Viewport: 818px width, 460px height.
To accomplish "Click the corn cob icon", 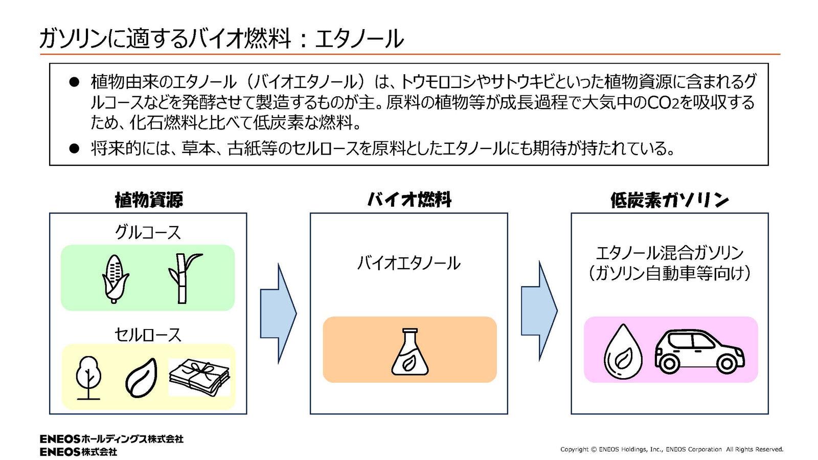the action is [x=115, y=278].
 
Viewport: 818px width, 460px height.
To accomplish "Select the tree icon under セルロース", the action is [x=88, y=378].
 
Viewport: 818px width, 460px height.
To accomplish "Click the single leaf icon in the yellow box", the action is [x=141, y=378].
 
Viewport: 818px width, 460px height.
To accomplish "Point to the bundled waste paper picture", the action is [x=199, y=378].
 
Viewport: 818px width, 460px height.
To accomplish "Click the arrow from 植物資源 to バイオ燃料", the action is [x=278, y=313].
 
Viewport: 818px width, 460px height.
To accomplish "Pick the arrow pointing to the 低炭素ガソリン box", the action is [x=539, y=311].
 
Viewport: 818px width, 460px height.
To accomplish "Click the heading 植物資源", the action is [x=149, y=200].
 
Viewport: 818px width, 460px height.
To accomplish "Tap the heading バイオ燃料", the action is [x=409, y=200].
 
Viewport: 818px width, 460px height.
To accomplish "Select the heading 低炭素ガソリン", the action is [x=670, y=200].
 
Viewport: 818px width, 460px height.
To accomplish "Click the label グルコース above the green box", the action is [x=148, y=232].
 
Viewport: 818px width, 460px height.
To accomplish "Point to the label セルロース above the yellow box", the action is [x=148, y=335].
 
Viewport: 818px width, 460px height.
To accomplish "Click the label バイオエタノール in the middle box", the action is [x=409, y=263].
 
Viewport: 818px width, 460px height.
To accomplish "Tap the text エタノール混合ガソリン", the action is [x=670, y=253].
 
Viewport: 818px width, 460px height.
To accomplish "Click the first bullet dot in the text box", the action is [x=74, y=82].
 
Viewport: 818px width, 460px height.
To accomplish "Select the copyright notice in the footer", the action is [x=672, y=449].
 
